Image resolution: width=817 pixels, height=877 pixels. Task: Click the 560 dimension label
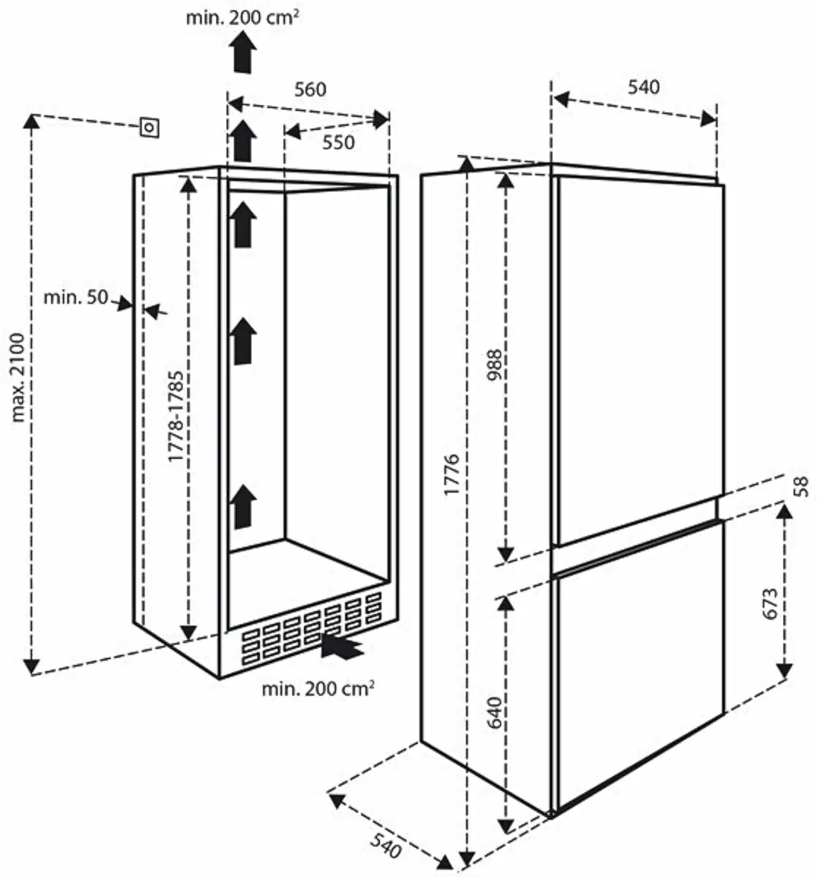(310, 89)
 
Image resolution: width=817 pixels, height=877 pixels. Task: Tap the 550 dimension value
(338, 142)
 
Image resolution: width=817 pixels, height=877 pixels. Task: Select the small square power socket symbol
(150, 127)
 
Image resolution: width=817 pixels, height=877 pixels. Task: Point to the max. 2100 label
(19, 377)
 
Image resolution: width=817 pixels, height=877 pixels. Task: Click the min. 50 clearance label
(75, 297)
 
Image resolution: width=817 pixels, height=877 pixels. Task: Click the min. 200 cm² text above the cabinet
(242, 17)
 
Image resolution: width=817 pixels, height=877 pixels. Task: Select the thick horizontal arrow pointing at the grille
(342, 646)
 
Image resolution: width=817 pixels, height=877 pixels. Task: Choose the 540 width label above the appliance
(644, 88)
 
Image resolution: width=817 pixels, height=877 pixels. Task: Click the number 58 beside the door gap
(802, 486)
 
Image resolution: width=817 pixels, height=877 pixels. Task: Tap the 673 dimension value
(769, 604)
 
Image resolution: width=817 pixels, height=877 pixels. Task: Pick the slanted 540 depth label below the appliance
(385, 847)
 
